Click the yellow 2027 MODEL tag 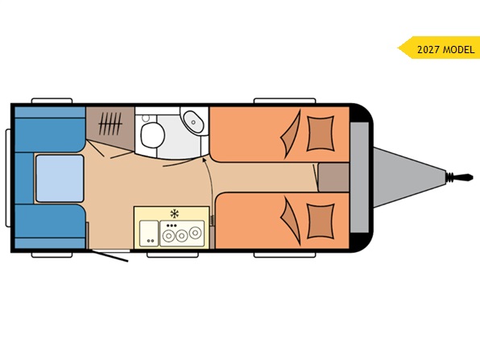pos(439,48)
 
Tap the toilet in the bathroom pos(152,135)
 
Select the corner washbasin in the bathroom pos(192,122)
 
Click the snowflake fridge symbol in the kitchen pos(175,213)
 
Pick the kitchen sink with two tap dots pos(149,234)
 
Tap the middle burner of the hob pos(181,236)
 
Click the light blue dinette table pos(60,179)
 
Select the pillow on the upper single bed pos(321,134)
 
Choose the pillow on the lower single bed pos(321,221)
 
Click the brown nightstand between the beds pos(333,177)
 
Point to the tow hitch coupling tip pos(468,177)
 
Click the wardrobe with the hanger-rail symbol pos(110,125)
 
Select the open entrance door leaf pos(110,257)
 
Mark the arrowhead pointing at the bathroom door pos(204,159)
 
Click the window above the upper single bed pos(284,101)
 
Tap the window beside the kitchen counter pos(173,254)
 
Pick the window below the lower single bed pos(284,254)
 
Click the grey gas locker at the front pos(359,177)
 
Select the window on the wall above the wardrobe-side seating pos(52,101)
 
